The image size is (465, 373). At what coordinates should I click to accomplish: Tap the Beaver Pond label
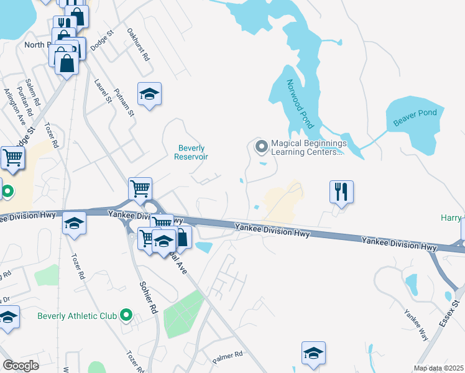(x=415, y=117)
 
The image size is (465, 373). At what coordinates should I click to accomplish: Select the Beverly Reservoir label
(x=192, y=152)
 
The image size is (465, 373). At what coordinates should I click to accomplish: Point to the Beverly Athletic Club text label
(x=77, y=316)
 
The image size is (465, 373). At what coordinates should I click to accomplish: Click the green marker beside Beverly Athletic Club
(x=127, y=316)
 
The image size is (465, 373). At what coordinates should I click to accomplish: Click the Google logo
(x=21, y=366)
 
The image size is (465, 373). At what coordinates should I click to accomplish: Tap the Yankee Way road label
(x=416, y=321)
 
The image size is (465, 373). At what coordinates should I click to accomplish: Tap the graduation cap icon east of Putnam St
(x=149, y=94)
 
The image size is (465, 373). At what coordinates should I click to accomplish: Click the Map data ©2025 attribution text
(x=438, y=368)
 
